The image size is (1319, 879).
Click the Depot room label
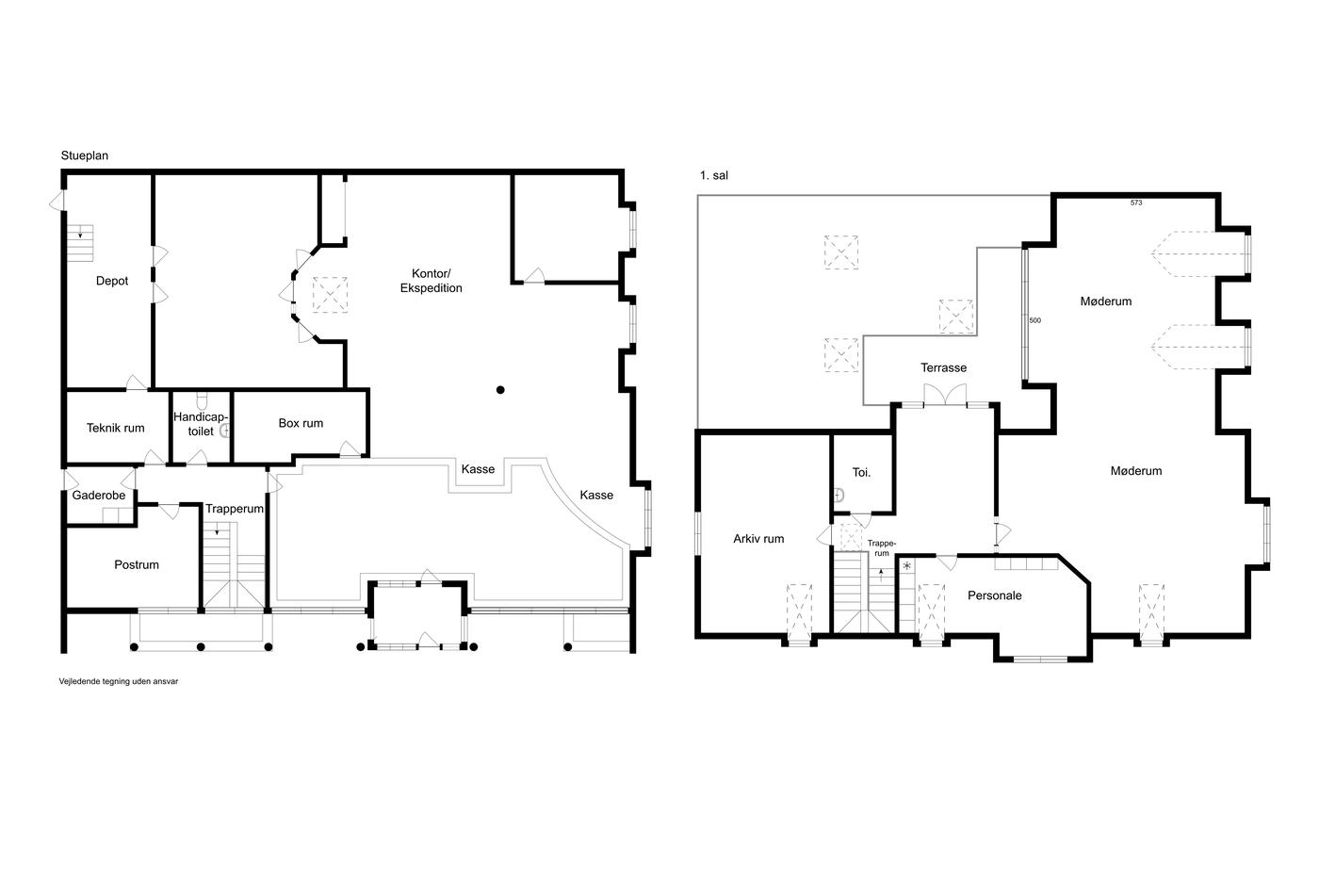(112, 281)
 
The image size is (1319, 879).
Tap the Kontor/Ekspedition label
(432, 281)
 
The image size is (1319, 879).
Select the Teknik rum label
(115, 428)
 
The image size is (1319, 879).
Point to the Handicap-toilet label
(200, 424)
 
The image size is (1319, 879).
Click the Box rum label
(301, 423)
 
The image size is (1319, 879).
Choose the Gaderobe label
(99, 496)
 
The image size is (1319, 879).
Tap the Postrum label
(137, 564)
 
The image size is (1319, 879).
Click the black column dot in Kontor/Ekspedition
(500, 390)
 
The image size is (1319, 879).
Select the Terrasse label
(944, 368)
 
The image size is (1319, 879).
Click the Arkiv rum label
(758, 539)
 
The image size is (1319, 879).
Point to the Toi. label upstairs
(861, 472)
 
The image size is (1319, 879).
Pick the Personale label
(995, 595)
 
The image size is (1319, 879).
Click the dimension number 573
(1136, 203)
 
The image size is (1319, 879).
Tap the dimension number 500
(1035, 321)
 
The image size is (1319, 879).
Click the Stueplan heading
(85, 155)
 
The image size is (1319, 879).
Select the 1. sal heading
(714, 175)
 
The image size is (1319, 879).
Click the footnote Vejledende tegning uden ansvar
(119, 681)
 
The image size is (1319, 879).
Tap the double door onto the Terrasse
(945, 395)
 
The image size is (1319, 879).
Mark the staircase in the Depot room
(79, 243)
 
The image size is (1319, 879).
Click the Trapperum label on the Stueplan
(235, 509)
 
